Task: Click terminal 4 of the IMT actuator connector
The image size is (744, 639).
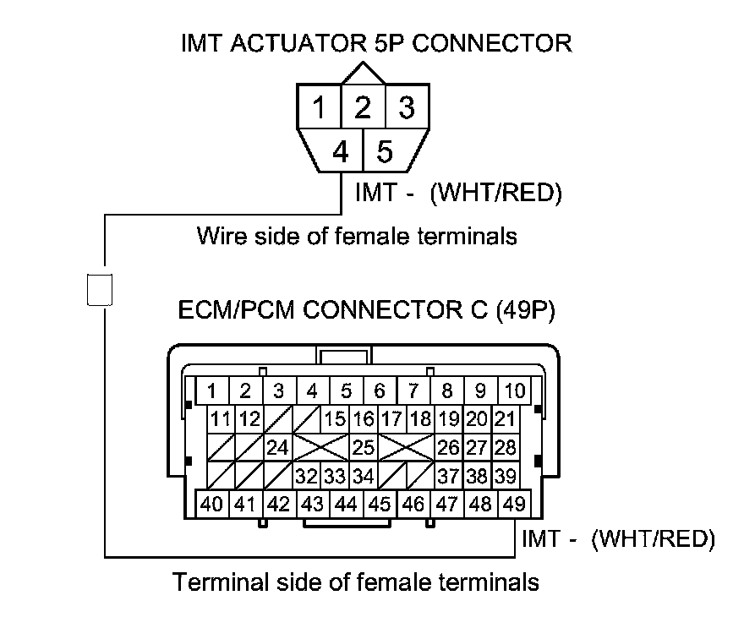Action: (x=341, y=152)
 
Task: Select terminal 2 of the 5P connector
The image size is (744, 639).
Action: (x=363, y=107)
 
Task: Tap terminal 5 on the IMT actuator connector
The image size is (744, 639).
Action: (x=386, y=152)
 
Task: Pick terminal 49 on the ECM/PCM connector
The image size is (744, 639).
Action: (x=513, y=505)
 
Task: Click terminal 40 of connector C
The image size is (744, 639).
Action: (x=212, y=505)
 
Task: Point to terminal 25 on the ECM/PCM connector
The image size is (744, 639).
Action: (x=363, y=447)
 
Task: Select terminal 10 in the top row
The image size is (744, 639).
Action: (x=513, y=391)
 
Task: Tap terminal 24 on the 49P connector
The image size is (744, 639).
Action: (x=278, y=447)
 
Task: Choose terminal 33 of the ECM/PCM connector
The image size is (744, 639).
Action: (x=336, y=476)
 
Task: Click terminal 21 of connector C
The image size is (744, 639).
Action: (x=505, y=418)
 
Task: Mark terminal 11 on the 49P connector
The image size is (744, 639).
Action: (x=222, y=418)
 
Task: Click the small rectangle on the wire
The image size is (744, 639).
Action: (x=99, y=289)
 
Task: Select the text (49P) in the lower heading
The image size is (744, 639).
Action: (x=524, y=310)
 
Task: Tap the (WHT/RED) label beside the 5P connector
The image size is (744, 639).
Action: (x=495, y=194)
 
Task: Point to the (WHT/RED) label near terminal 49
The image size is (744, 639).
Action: (x=653, y=538)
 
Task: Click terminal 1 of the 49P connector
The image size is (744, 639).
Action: (x=212, y=391)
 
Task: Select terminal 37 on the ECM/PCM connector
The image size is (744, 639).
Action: (x=448, y=476)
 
